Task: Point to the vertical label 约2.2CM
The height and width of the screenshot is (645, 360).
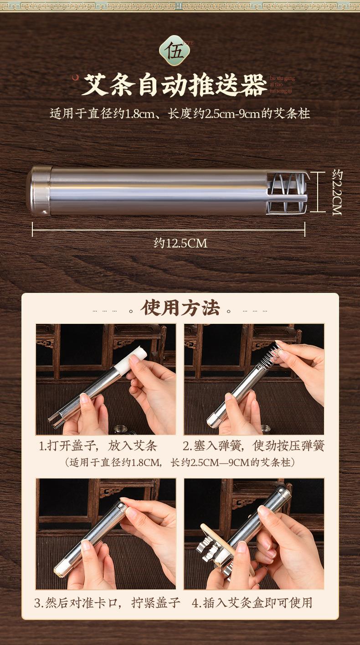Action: point(337,192)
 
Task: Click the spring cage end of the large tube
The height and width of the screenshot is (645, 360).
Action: point(288,192)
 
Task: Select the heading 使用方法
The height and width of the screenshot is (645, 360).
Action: point(180,308)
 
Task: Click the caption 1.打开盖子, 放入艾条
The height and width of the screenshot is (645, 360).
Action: point(98,445)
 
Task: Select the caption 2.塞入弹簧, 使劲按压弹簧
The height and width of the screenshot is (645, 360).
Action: point(253,445)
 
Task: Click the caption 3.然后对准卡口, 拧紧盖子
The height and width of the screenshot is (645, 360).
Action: point(107,603)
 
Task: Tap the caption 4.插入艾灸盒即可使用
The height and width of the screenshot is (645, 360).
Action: point(252,603)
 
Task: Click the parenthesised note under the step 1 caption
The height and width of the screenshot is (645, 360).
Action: point(180,462)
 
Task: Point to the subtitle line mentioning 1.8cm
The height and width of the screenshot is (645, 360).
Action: point(180,113)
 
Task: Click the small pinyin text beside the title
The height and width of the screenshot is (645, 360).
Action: point(282,85)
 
